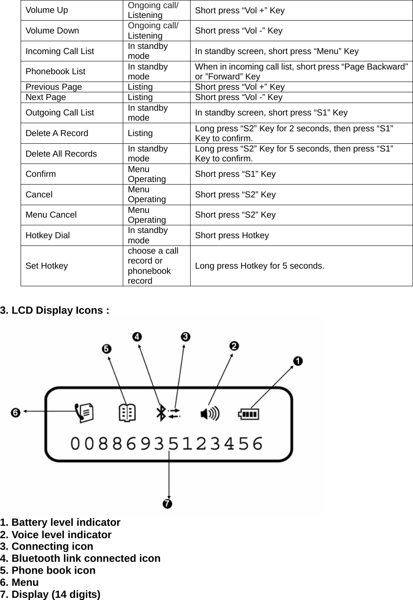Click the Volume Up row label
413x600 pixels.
[47, 10]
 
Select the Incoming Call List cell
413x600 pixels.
[60, 51]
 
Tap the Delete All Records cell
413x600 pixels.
[61, 154]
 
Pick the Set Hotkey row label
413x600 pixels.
[47, 266]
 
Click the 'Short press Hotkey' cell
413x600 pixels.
[232, 235]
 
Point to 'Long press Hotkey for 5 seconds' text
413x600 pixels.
[259, 266]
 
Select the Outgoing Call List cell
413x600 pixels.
[60, 112]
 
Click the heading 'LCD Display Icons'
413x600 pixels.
[55, 310]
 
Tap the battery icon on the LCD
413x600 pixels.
[249, 414]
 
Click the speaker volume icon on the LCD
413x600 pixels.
[210, 414]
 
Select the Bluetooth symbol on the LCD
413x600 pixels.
[161, 413]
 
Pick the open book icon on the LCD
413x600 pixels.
[127, 413]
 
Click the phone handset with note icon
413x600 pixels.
[84, 412]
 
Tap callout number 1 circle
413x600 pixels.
[298, 361]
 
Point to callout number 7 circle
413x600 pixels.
[167, 503]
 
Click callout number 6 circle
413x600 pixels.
[15, 412]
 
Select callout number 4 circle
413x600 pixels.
[137, 337]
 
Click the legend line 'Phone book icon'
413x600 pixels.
[48, 570]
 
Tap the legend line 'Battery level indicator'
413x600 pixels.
[60, 522]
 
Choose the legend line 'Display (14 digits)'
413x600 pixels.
[50, 594]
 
